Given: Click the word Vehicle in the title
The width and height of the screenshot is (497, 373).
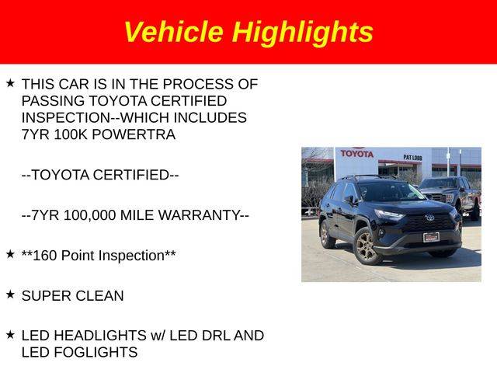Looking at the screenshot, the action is coord(174,32).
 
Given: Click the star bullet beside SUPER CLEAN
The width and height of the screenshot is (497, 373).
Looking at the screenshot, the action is coord(10,295).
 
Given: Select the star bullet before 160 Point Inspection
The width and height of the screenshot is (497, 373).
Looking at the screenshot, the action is coord(10,254).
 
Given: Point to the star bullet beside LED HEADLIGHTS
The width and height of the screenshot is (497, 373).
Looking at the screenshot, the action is coord(10,334).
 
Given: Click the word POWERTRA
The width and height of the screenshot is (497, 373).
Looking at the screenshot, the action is coord(134,134).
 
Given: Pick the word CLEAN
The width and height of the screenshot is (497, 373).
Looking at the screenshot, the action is coord(99,296).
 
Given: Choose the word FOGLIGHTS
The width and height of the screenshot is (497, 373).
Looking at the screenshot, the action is coord(96,352).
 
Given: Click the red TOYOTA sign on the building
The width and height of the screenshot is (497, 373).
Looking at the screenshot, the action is coord(357,154).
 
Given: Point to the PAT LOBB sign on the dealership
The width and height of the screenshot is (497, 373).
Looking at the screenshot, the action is coord(412,157).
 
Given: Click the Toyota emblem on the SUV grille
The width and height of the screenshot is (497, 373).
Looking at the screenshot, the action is coord(430,218).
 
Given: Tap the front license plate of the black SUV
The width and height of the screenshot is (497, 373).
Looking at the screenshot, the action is coord(431,237).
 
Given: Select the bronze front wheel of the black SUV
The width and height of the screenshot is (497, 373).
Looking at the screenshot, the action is coord(367,246).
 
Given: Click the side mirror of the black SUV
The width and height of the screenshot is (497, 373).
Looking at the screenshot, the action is coord(349,200).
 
